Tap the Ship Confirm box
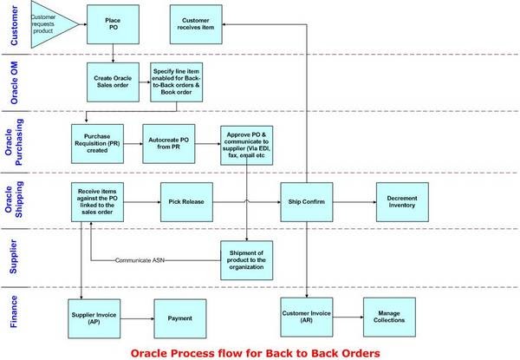click(307, 201)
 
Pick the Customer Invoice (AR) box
click(307, 317)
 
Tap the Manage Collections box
click(388, 317)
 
